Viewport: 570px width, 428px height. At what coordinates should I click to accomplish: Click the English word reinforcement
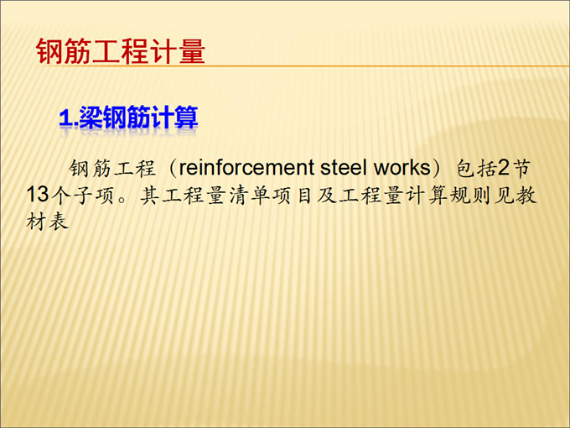tap(246, 168)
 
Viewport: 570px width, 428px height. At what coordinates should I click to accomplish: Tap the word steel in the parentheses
tap(343, 168)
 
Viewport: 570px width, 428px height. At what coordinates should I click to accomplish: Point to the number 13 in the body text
tap(38, 194)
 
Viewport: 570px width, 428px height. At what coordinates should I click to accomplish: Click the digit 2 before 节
tap(504, 167)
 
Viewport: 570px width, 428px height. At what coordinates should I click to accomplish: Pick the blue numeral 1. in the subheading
tap(68, 118)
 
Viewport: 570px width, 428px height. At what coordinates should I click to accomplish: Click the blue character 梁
tap(91, 117)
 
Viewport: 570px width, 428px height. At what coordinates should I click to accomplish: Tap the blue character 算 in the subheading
tap(186, 117)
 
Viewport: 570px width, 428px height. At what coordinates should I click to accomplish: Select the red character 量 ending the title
tap(192, 51)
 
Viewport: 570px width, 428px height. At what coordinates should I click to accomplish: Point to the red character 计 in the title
tap(163, 51)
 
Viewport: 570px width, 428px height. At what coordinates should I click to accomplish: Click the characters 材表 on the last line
tap(47, 221)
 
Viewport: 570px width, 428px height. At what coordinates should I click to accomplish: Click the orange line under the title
tap(303, 65)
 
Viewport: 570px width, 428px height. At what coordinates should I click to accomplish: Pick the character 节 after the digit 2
tap(521, 168)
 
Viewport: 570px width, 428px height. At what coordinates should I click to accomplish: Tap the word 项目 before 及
tap(294, 195)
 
